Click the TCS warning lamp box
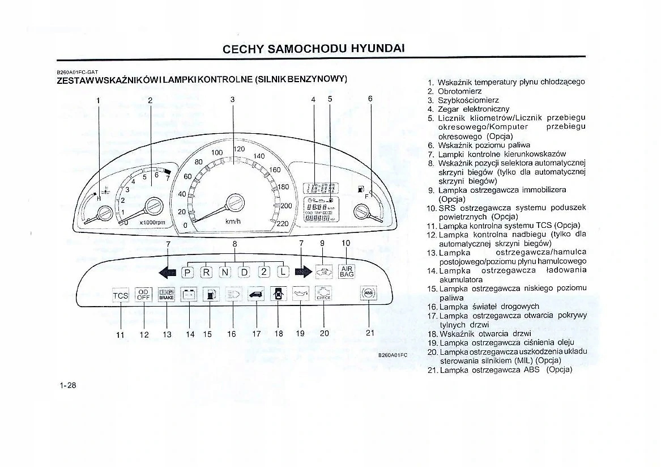[x=121, y=295]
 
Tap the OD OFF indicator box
[x=143, y=295]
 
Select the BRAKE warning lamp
[x=166, y=295]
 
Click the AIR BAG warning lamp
[x=346, y=272]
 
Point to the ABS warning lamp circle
[x=368, y=293]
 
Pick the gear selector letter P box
[x=188, y=273]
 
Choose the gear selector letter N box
[x=225, y=273]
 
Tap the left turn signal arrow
[x=168, y=273]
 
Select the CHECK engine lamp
[x=323, y=294]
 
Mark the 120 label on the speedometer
[x=238, y=148]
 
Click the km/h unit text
[x=233, y=222]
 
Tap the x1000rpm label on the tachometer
[x=152, y=222]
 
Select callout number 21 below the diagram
[x=370, y=333]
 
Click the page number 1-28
[x=67, y=385]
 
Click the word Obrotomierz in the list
[x=459, y=91]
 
